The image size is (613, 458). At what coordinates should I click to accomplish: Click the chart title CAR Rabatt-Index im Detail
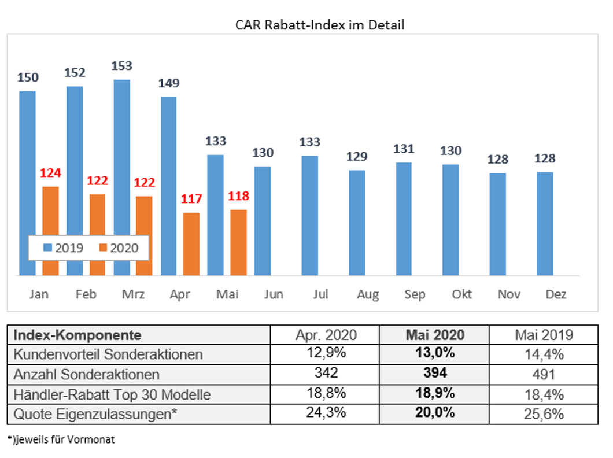coord(320,25)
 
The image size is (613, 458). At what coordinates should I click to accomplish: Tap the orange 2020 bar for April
coord(191,243)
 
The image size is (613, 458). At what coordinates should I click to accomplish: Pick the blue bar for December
coord(545,223)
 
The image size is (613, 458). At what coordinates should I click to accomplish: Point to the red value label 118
coord(238,196)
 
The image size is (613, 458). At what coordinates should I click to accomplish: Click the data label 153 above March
coord(122,66)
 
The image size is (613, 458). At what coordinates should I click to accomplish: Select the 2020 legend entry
coord(119,248)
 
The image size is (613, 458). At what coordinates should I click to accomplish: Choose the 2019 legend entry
coord(64,248)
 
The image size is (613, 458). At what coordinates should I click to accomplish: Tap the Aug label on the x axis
coord(368,294)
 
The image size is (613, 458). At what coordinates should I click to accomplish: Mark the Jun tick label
coord(274,294)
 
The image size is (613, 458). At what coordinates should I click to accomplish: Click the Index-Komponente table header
coord(77,335)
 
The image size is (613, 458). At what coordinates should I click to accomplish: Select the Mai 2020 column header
coord(434,335)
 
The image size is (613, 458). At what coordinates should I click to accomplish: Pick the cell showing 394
coord(434,374)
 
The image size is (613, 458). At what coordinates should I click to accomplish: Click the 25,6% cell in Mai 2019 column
coord(543,414)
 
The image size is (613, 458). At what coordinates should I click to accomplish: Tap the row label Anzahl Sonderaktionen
coord(86,375)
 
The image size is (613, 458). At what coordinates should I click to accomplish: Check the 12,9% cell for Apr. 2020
coord(325,354)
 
